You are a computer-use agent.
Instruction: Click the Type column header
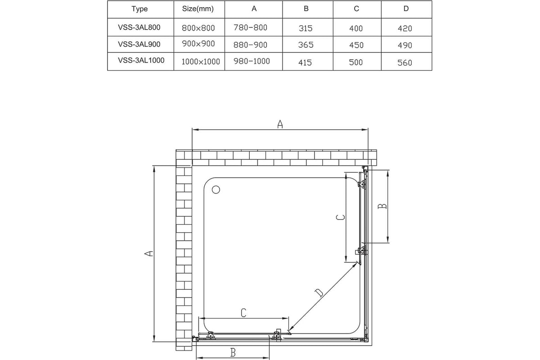[139, 9]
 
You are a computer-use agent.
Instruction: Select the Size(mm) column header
[198, 9]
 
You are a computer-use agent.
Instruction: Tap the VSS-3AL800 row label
[139, 27]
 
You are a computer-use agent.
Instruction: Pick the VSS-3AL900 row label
[139, 44]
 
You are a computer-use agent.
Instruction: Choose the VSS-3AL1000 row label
[141, 60]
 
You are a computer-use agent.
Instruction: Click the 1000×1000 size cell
[201, 62]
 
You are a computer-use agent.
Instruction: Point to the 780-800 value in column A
[250, 27]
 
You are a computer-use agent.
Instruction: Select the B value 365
[306, 45]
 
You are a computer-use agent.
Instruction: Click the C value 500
[356, 62]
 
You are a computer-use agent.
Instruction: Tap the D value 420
[405, 28]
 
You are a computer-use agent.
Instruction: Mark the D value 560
[405, 63]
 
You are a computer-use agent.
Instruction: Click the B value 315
[306, 28]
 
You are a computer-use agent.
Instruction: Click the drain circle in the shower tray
[216, 190]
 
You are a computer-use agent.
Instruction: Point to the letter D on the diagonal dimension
[319, 293]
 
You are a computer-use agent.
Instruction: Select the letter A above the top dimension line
[280, 124]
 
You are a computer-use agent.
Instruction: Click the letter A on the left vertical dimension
[148, 253]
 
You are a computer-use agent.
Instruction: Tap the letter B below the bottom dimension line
[233, 353]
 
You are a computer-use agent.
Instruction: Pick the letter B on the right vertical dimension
[382, 206]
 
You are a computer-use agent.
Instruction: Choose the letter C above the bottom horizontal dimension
[243, 313]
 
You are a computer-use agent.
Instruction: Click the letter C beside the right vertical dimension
[340, 217]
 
